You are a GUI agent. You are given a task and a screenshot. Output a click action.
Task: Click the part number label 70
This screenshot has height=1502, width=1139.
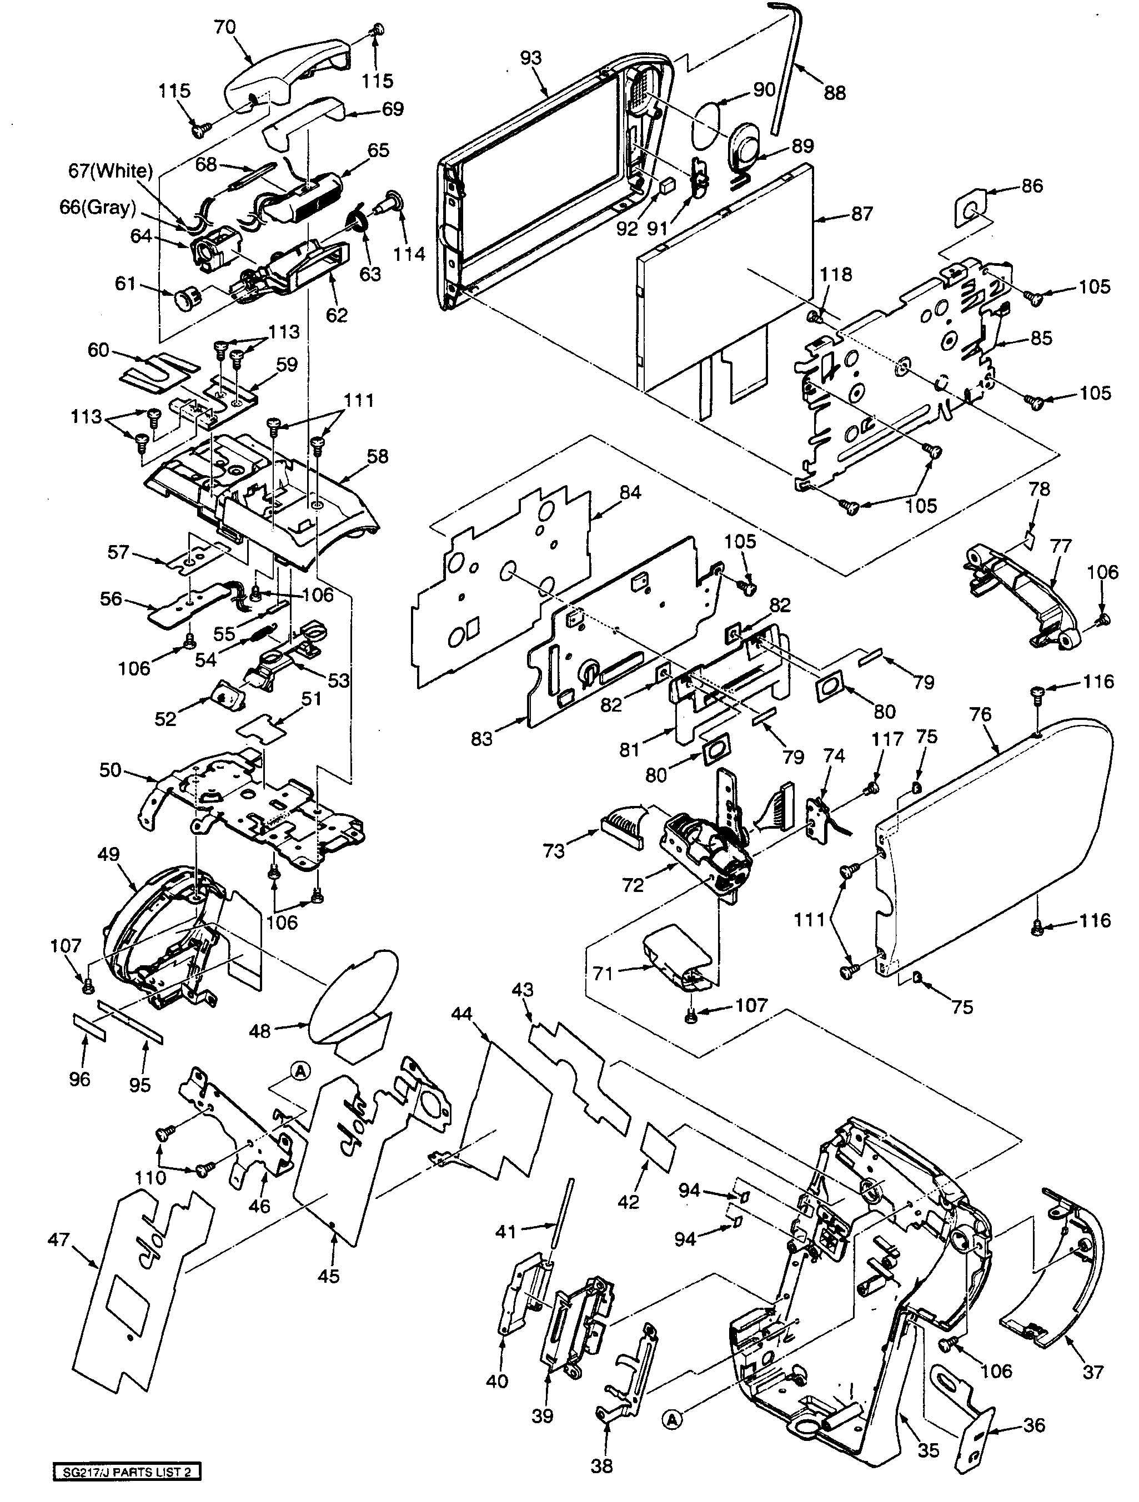point(224,27)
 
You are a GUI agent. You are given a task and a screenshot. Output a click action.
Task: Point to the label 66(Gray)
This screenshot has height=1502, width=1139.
point(98,208)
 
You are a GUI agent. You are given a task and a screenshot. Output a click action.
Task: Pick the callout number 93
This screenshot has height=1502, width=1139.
point(530,58)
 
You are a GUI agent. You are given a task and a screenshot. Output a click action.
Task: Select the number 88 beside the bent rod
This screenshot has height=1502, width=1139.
point(834,93)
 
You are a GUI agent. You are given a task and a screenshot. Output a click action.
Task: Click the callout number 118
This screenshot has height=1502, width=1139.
point(835,274)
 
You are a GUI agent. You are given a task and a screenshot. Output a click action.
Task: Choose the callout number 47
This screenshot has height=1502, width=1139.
point(58,1239)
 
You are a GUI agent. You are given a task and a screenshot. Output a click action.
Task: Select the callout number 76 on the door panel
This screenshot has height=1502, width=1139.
point(981,714)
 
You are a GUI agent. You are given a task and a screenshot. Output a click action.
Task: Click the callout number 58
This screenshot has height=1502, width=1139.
point(378,456)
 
